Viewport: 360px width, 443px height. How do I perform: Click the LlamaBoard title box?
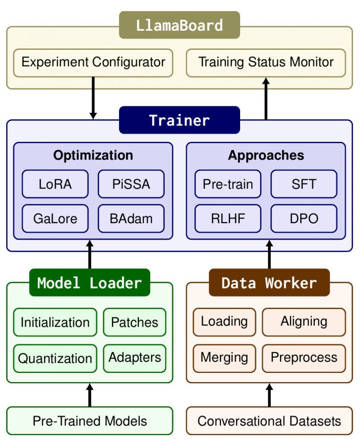coord(179,25)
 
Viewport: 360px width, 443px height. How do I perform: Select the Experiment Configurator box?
coord(93,62)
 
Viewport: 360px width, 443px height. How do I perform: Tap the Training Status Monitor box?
coord(266,62)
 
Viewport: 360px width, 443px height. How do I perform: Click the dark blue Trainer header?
coord(179,120)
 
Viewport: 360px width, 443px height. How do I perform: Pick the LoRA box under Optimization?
coord(55,184)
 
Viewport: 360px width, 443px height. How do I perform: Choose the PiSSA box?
coord(131,184)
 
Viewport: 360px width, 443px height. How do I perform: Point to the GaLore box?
coord(55,218)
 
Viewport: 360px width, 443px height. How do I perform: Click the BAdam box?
coord(131,218)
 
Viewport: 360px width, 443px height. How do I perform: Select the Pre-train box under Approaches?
coord(228,184)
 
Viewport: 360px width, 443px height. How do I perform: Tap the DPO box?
coord(304,218)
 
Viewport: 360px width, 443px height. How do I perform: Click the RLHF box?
coord(228,218)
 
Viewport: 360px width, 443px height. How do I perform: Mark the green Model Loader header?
coord(90,283)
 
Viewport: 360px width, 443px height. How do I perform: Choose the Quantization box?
coord(55,359)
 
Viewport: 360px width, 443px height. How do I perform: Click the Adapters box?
coord(135,358)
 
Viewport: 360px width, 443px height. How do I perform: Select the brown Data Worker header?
coord(269,283)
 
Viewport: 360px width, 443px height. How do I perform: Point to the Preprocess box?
coord(304,358)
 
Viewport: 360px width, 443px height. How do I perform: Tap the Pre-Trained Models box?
coord(90,421)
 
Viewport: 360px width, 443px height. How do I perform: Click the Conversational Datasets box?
coord(269,421)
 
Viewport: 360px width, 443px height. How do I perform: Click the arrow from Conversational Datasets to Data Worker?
coord(269,395)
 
